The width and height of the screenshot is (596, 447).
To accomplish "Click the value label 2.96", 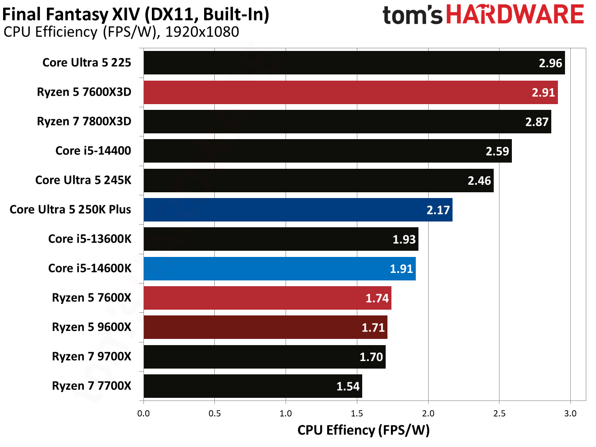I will (550, 63).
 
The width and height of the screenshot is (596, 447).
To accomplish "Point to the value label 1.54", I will (348, 386).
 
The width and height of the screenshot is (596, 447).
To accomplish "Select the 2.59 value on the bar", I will (497, 151).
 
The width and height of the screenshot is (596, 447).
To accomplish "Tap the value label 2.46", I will (479, 180).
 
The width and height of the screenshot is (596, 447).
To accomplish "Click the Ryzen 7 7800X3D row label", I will (84, 121).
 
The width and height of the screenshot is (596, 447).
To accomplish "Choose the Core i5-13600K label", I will (89, 239).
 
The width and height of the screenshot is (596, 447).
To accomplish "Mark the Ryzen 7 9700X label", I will (91, 357).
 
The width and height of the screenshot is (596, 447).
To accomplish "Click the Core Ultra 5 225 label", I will (87, 62).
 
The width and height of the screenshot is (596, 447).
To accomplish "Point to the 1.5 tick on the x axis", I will (357, 413).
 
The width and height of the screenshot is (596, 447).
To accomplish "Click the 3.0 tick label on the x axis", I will (570, 413).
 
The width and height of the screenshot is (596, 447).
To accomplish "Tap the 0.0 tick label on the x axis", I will (143, 413).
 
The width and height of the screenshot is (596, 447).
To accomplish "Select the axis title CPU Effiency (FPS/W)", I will (363, 430).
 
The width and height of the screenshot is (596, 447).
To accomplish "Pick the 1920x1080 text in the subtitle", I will (202, 32).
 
